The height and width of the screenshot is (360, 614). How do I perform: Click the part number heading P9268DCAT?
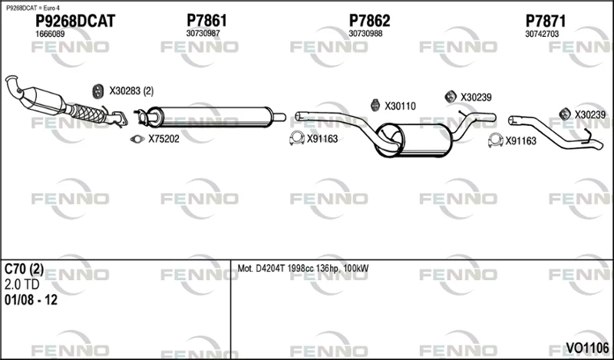(75, 21)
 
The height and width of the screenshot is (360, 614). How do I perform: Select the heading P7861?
(206, 21)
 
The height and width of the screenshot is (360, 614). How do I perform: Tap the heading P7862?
(369, 21)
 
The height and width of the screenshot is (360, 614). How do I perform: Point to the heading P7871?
(546, 21)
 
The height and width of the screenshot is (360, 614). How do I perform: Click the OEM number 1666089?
(50, 34)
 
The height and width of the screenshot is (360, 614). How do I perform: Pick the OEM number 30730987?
(203, 34)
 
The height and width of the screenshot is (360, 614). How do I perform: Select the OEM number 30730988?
(365, 34)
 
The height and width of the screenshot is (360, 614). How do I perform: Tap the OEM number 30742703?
(542, 34)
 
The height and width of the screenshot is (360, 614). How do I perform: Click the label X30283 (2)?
(131, 91)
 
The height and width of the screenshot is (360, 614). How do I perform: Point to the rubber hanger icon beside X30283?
(97, 91)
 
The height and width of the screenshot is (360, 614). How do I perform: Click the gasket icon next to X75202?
(137, 139)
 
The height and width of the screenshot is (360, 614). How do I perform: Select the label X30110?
(400, 106)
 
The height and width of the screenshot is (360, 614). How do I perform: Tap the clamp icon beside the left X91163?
(297, 138)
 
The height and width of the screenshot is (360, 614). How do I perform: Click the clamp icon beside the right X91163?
(495, 140)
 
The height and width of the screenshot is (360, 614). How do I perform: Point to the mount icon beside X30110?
(375, 105)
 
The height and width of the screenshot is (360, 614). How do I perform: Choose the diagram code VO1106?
(587, 348)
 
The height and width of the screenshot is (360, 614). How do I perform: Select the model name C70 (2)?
(24, 269)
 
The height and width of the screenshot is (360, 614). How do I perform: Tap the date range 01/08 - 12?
(31, 300)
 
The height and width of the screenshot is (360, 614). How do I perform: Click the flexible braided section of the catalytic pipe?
(88, 113)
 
